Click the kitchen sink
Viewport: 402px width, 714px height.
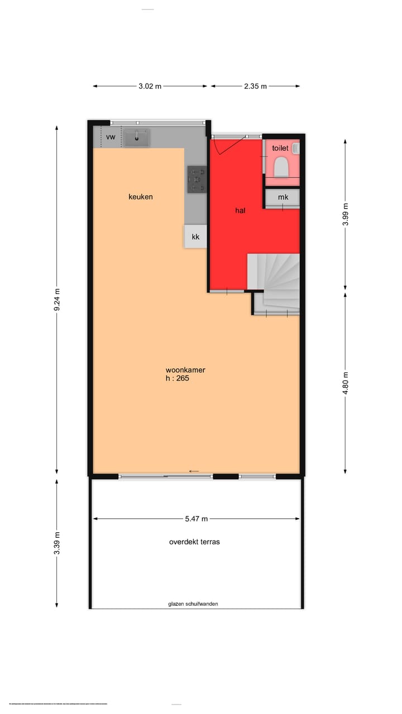click(137, 137)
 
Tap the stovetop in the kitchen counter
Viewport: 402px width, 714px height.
click(197, 180)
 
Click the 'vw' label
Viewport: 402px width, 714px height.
click(111, 137)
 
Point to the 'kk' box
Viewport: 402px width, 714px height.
click(195, 237)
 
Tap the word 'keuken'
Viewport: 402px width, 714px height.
click(140, 197)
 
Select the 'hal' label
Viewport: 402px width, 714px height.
click(240, 210)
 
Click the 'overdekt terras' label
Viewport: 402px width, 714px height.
click(194, 542)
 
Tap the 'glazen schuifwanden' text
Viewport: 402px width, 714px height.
click(193, 604)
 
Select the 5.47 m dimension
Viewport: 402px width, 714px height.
click(197, 519)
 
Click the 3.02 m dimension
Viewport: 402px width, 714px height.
click(150, 86)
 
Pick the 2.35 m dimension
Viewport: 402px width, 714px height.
click(255, 86)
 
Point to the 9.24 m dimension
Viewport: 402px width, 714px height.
click(57, 301)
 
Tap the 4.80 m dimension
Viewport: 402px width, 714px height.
click(346, 383)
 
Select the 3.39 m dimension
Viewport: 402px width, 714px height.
click(57, 542)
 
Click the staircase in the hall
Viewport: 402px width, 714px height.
click(275, 282)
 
